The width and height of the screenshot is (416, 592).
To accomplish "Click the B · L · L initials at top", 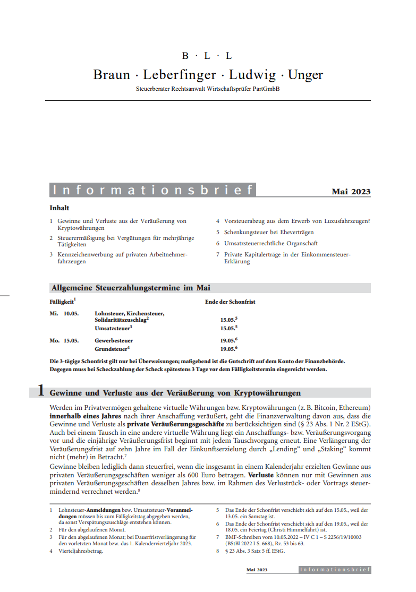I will pyautogui.click(x=207, y=56).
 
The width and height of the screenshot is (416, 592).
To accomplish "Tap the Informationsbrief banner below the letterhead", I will pyautogui.click(x=152, y=190).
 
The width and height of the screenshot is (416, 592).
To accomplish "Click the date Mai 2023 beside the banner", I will pyautogui.click(x=351, y=192).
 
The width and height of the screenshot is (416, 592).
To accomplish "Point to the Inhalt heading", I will pyautogui.click(x=60, y=208).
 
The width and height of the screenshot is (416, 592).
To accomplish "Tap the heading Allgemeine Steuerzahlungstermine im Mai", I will pyautogui.click(x=131, y=288).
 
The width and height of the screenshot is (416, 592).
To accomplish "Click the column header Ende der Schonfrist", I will pyautogui.click(x=230, y=302).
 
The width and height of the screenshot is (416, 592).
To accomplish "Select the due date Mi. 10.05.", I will pyautogui.click(x=64, y=314).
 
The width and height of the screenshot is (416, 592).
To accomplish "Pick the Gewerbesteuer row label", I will pyautogui.click(x=114, y=340).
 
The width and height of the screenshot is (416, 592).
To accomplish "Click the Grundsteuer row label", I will pyautogui.click(x=112, y=349).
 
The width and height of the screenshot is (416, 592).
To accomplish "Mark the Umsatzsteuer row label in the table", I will pyautogui.click(x=112, y=328).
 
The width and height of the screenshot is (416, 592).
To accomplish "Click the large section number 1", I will pyautogui.click(x=40, y=392).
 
